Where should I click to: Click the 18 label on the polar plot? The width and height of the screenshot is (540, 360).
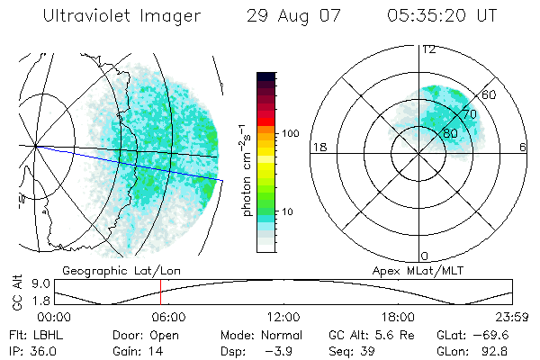click(318, 147)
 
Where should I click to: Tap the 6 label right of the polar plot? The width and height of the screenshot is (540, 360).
click(525, 147)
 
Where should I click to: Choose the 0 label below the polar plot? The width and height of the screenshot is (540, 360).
click(424, 256)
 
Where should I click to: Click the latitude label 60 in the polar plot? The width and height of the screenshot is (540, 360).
click(490, 94)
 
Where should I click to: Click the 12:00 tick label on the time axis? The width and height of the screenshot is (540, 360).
click(283, 317)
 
